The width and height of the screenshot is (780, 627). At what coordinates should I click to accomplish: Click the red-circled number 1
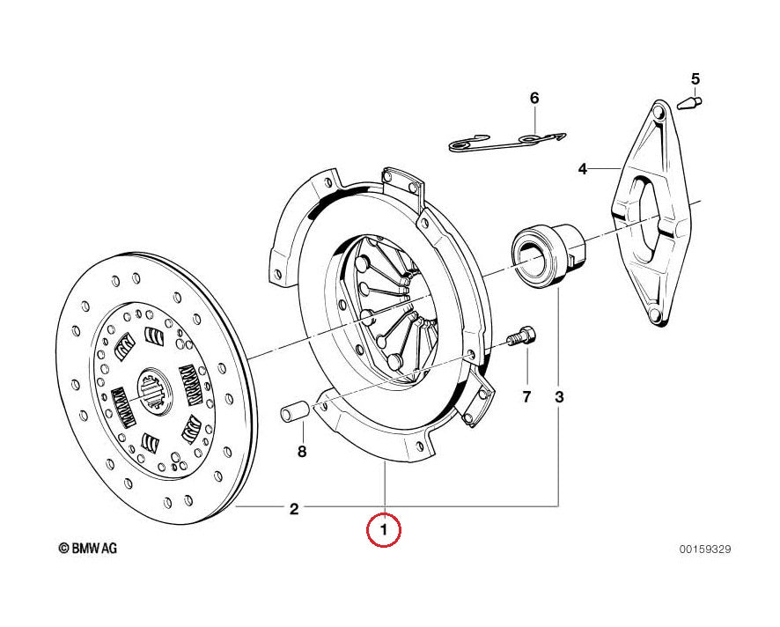coord(384,530)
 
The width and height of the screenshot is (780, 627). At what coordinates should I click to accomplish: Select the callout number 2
coord(294,508)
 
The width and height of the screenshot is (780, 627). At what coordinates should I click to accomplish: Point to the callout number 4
coord(582,167)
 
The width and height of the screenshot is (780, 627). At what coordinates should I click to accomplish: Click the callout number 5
coord(695,79)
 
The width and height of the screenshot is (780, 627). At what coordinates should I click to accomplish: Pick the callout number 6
coord(533,98)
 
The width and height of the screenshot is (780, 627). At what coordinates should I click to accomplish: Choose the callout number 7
coord(526,396)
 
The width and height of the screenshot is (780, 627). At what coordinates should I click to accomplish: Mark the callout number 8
coord(301,453)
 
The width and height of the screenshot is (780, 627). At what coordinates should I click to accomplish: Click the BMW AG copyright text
coord(88,548)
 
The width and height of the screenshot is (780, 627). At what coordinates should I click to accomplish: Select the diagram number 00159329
coord(703,550)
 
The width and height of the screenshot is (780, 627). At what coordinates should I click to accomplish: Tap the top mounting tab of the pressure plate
coord(401,181)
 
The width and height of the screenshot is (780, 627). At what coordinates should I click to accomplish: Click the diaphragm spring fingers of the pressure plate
coord(392,304)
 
